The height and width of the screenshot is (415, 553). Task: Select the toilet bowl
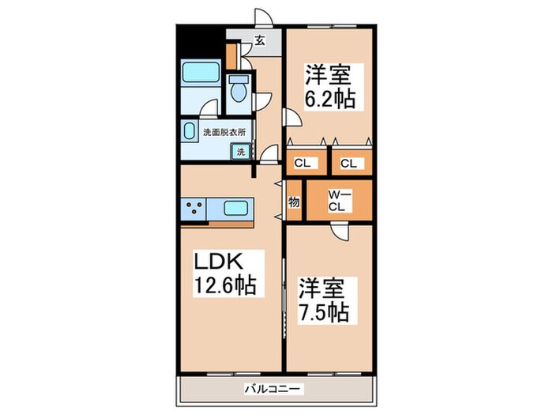pos(239,92)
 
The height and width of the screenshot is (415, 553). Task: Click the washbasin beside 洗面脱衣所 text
pos(190,131)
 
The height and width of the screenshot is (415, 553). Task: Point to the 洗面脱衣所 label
pos(224,132)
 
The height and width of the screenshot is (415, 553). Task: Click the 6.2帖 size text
pos(329,99)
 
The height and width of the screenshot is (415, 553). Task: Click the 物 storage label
pos(293,202)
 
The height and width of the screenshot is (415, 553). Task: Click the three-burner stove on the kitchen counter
pos(194,209)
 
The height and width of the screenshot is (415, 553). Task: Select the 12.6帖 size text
pos(225,286)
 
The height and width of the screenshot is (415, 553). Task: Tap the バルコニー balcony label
pos(271,387)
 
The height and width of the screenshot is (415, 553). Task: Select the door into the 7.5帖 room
pos(337,232)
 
